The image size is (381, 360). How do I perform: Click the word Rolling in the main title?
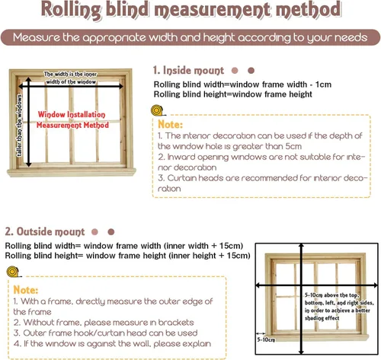tap(71, 10)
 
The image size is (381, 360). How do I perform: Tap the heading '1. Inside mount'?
tap(188, 70)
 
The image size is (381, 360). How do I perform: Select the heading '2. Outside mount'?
tap(45, 231)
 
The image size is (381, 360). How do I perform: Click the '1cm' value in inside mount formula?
tap(323, 84)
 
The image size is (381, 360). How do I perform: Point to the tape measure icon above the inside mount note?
tap(157, 110)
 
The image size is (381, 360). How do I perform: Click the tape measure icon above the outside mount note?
tap(13, 272)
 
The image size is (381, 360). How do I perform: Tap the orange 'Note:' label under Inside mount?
tap(170, 125)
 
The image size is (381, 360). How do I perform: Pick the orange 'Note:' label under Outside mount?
tap(26, 290)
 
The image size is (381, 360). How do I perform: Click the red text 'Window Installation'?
tap(72, 114)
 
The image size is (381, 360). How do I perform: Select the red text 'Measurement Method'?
tap(72, 125)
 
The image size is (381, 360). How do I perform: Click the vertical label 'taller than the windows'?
tap(19, 126)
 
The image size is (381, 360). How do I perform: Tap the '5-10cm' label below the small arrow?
tap(266, 339)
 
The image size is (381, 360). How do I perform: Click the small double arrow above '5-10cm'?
tap(261, 333)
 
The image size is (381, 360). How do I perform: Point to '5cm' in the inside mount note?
tap(293, 146)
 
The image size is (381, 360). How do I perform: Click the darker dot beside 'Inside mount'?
tap(251, 71)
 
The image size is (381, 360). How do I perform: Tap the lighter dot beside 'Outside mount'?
tap(94, 232)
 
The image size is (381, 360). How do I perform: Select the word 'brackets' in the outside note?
tap(176, 323)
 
